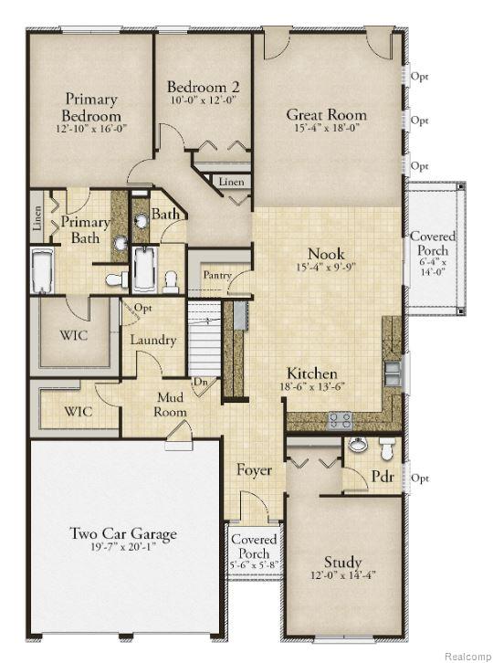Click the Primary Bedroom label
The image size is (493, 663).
click(x=91, y=108)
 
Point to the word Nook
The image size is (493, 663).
click(x=326, y=253)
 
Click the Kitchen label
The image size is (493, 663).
click(x=312, y=374)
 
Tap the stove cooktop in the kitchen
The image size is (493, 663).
click(x=341, y=419)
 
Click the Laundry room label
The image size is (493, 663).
click(x=152, y=340)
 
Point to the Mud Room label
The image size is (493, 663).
click(x=171, y=405)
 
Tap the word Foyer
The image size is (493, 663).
click(x=255, y=470)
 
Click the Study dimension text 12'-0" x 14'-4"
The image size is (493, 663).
click(x=342, y=576)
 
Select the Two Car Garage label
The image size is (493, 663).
click(x=123, y=534)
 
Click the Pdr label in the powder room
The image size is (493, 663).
click(x=382, y=477)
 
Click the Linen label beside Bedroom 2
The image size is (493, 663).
click(x=231, y=183)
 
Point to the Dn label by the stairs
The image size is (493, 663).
click(x=200, y=384)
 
